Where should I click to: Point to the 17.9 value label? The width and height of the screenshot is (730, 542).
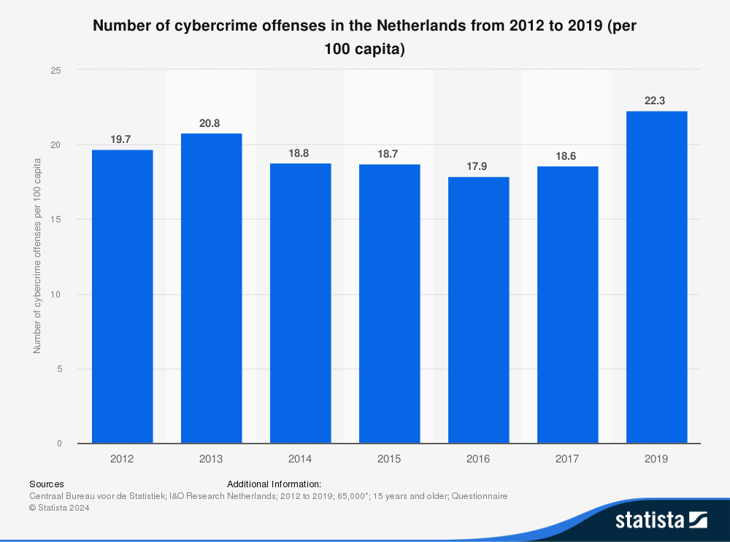tap(477, 167)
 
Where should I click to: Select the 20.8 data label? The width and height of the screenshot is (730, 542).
tap(210, 123)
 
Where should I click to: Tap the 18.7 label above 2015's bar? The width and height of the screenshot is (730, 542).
tap(388, 155)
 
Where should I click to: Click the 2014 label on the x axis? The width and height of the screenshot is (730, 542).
tap(300, 459)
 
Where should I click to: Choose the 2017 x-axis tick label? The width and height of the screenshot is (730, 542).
tap(567, 459)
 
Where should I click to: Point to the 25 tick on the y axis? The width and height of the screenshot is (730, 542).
tap(55, 70)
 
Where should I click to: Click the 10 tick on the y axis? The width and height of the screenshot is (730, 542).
tap(55, 294)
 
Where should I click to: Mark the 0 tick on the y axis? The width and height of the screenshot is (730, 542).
tap(58, 444)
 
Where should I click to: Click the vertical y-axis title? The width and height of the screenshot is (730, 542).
tap(36, 257)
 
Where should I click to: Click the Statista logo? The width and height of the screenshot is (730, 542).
tap(661, 519)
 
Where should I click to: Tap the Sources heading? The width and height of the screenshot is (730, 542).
tap(46, 484)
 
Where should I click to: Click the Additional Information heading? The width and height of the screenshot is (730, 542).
tap(274, 484)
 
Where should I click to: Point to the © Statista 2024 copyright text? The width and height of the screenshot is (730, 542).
tap(59, 508)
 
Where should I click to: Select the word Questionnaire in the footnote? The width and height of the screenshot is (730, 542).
tap(479, 496)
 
